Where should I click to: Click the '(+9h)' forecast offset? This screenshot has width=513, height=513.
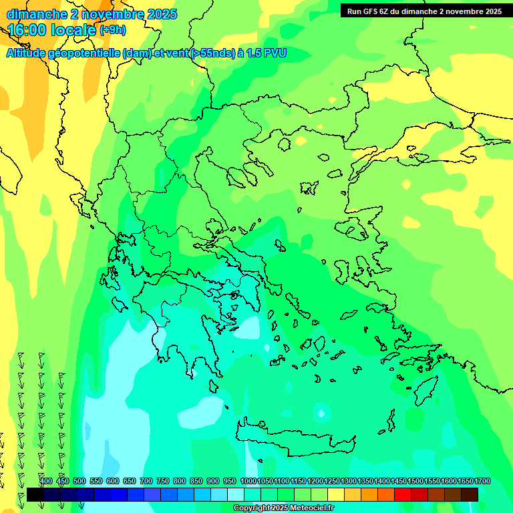112,30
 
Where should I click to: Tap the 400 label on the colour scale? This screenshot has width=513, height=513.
46,481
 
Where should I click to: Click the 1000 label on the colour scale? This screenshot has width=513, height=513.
248,481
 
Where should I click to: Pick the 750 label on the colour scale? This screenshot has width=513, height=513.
163,481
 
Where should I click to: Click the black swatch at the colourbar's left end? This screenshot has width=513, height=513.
35,494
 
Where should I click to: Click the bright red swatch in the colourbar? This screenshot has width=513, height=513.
402,494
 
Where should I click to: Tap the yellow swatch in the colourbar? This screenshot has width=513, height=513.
335,494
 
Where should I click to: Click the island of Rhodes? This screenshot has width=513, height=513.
424,391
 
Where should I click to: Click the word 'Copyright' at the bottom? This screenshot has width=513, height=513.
252,508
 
